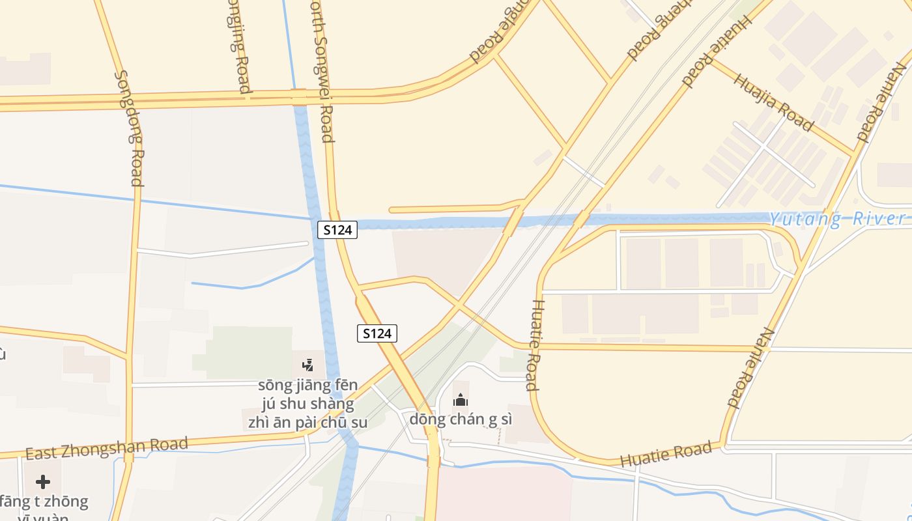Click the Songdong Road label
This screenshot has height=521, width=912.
click(x=128, y=128)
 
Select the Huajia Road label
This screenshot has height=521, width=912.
click(x=773, y=102)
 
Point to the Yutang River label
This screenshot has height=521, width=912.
click(x=838, y=219)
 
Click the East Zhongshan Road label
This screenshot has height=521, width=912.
click(x=107, y=449)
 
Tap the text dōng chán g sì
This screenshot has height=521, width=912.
click(x=461, y=419)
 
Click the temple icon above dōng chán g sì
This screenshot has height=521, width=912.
click(x=461, y=400)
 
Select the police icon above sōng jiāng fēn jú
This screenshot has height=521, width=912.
click(x=307, y=365)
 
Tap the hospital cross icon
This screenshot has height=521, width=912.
click(x=43, y=482)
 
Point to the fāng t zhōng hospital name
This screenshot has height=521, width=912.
click(x=44, y=502)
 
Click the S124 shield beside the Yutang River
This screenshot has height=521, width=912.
click(x=337, y=229)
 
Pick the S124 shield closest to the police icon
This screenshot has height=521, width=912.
click(x=377, y=333)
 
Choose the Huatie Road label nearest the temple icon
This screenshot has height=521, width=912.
click(x=533, y=345)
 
